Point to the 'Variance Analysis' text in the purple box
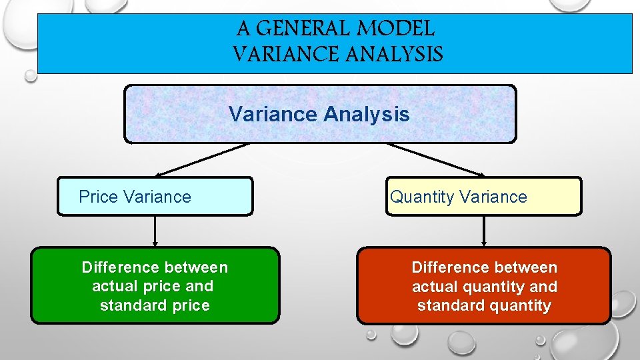(x=319, y=114)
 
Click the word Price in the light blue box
(x=99, y=197)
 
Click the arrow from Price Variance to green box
(x=155, y=231)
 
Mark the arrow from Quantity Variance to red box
(x=483, y=231)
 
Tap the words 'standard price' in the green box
(x=155, y=305)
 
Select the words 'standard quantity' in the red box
(x=484, y=306)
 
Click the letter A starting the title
(x=244, y=29)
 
